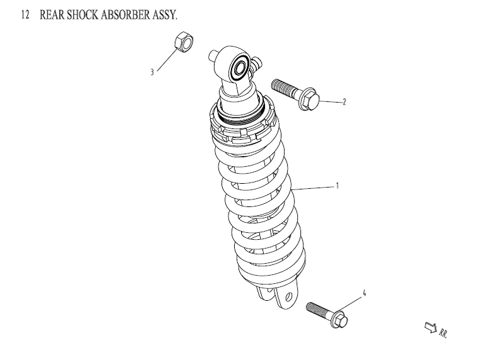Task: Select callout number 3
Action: [x=152, y=72]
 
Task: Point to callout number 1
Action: [x=337, y=186]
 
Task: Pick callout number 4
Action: [x=363, y=293]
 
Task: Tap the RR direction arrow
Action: [x=431, y=327]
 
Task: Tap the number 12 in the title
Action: [x=25, y=14]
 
